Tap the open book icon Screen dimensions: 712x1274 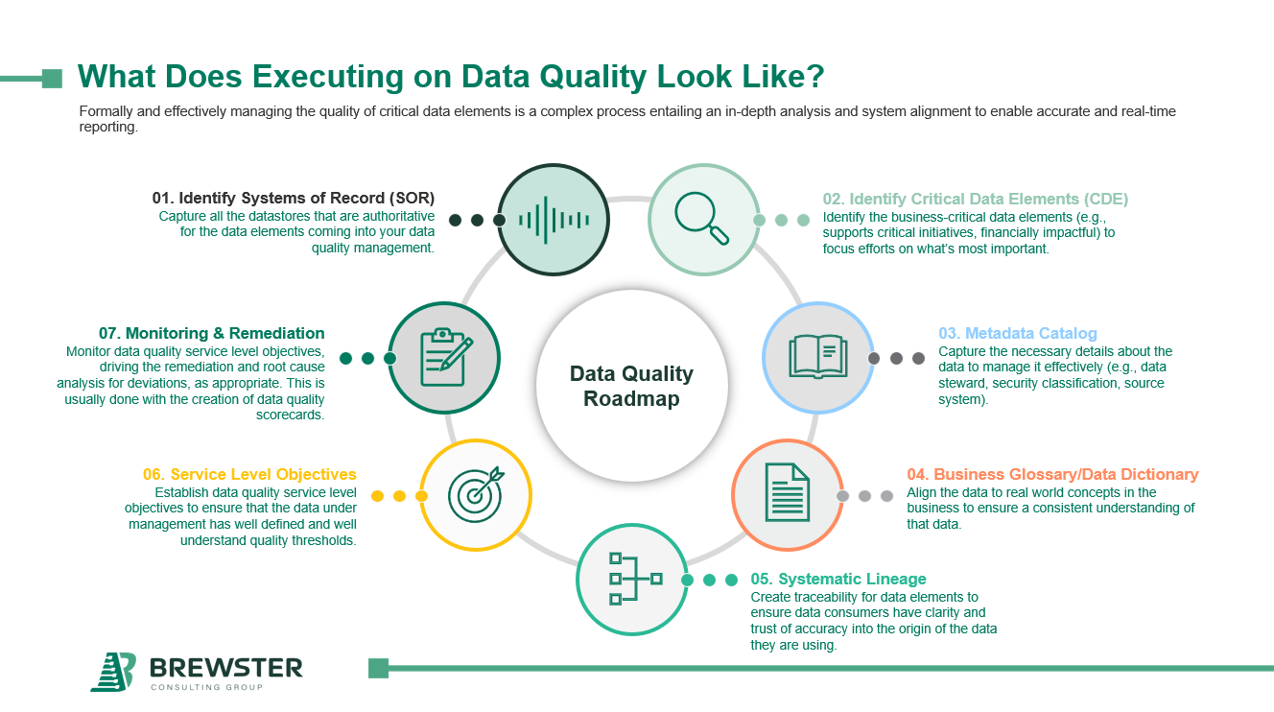pos(817,356)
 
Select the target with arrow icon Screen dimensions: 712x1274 pos(476,495)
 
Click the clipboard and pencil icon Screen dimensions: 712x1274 pos(445,357)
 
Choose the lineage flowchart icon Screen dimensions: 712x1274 pos(632,579)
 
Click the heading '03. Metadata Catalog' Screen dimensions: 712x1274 pos(1017,334)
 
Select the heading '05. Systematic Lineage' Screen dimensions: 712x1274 pos(838,579)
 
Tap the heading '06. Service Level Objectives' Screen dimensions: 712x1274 pos(249,474)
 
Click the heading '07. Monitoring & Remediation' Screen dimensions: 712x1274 pos(211,333)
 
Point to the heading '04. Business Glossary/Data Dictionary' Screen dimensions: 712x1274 pos(1052,474)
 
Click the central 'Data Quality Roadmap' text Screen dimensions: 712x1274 pos(631,387)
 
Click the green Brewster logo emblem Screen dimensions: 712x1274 pos(113,671)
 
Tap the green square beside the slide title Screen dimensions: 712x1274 pos(53,78)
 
